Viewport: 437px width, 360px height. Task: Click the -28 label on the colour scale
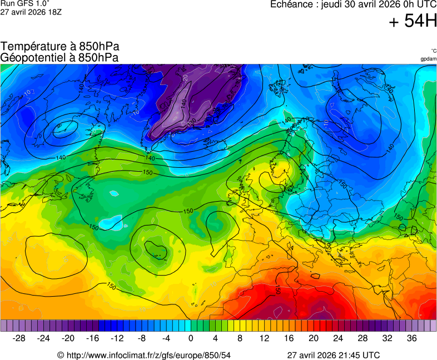coord(19,338)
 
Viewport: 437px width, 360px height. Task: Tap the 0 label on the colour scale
coord(191,338)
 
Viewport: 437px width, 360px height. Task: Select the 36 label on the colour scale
coord(411,338)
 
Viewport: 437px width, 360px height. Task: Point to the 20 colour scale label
coord(313,338)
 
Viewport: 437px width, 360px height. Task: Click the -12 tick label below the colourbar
coord(117,338)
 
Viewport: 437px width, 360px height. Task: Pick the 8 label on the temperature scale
coord(240,338)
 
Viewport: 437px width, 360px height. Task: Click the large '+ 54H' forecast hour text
coord(413,22)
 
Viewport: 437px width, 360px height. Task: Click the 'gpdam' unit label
coord(428,59)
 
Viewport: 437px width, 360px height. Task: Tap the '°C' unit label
coord(433,51)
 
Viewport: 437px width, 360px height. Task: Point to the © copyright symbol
coord(61,355)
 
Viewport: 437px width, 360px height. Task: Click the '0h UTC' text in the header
coord(418,4)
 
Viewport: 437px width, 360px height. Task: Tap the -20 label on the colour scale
coord(68,338)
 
